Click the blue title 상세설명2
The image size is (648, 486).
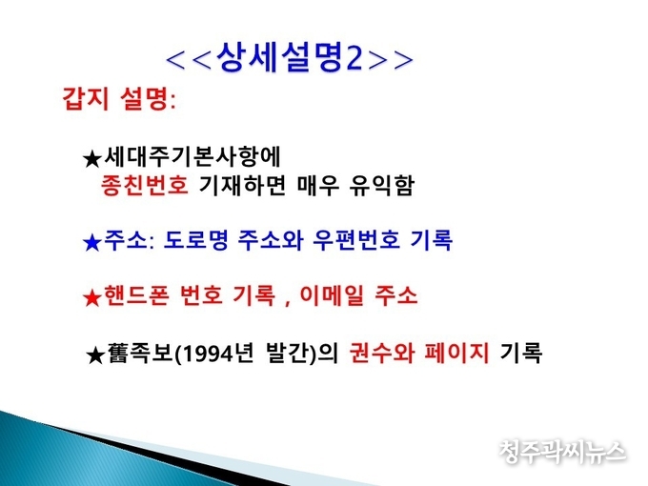[290, 58]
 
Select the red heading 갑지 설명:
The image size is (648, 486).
[119, 100]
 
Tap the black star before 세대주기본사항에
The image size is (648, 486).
[92, 159]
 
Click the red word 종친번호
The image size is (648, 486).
[144, 185]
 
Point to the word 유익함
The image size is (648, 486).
[381, 185]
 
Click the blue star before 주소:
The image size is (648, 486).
[92, 242]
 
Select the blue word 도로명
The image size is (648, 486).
[196, 240]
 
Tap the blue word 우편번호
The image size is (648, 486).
[356, 240]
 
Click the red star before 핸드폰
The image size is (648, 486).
[92, 297]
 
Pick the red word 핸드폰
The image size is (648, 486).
[136, 295]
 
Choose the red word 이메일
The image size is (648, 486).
[332, 295]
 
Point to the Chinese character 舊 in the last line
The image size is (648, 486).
[118, 354]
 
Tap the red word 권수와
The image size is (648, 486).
[381, 354]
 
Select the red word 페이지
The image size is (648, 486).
[456, 354]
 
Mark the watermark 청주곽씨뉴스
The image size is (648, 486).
[562, 452]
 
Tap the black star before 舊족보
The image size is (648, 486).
[95, 355]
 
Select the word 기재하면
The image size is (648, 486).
[243, 185]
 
